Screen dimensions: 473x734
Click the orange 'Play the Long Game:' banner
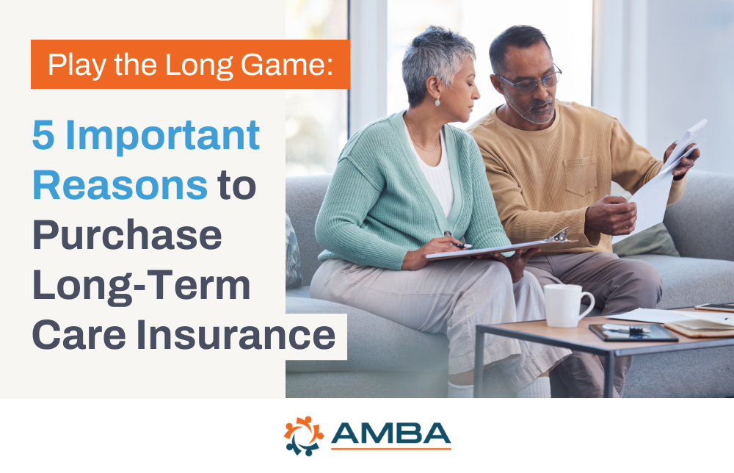click(x=190, y=65)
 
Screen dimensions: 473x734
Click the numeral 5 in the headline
click(x=42, y=136)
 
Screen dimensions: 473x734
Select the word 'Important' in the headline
click(x=163, y=136)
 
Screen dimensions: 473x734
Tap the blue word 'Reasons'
click(x=120, y=186)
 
